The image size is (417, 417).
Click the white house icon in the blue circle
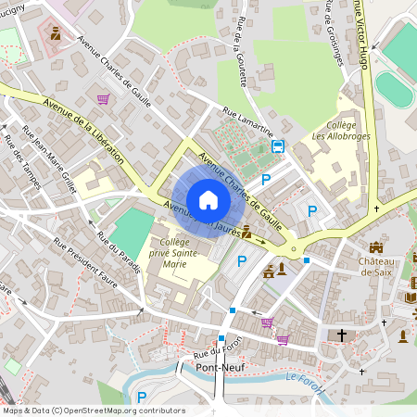[208, 200]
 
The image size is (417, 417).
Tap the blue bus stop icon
[277, 146]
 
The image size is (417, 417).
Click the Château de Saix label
[377, 266]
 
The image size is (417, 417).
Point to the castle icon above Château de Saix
[376, 247]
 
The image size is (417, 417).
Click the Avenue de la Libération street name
[86, 128]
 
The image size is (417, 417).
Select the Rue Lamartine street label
[247, 123]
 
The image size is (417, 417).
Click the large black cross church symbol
[342, 335]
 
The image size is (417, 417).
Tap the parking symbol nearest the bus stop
[267, 179]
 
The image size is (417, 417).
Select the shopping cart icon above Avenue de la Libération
[103, 98]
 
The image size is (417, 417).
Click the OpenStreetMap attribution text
[94, 411]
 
